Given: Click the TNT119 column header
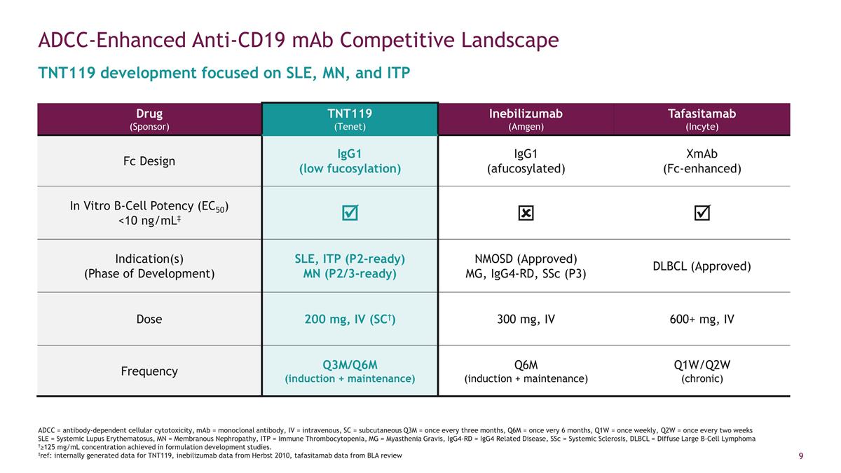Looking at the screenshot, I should [350, 118].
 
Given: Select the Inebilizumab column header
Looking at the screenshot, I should [526, 118].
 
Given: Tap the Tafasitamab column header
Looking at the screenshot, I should [702, 118].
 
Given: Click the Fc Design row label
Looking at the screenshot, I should [149, 160].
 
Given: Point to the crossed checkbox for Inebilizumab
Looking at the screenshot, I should [526, 213].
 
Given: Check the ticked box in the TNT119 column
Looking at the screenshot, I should [350, 212].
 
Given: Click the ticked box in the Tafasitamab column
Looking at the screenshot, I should [702, 212].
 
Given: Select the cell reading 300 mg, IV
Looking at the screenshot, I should [526, 319].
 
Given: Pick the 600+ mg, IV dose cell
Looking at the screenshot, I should [702, 319].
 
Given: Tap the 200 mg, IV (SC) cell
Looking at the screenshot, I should [350, 319].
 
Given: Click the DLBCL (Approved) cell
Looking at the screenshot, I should [702, 266].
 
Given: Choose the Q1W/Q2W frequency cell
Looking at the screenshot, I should [702, 371].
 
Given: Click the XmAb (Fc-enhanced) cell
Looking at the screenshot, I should [702, 160].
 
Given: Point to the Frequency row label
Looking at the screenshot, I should [149, 371].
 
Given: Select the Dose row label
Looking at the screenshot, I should [149, 319].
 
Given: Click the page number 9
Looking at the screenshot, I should [800, 457].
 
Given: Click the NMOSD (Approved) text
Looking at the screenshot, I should [526, 258].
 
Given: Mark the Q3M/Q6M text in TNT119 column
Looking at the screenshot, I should [350, 364].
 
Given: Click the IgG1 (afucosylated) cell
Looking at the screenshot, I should [526, 160].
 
